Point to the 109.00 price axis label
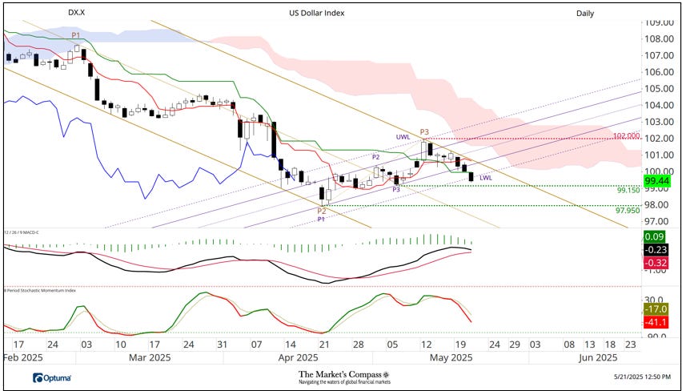[x=660, y=22]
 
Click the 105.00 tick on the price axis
[x=660, y=88]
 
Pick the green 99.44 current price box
[x=661, y=182]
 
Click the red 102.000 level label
[x=627, y=136]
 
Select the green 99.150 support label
[x=628, y=191]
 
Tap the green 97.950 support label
[x=628, y=210]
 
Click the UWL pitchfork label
[x=403, y=138]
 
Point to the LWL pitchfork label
[x=486, y=177]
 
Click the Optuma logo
[x=52, y=377]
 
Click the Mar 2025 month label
[x=150, y=357]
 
